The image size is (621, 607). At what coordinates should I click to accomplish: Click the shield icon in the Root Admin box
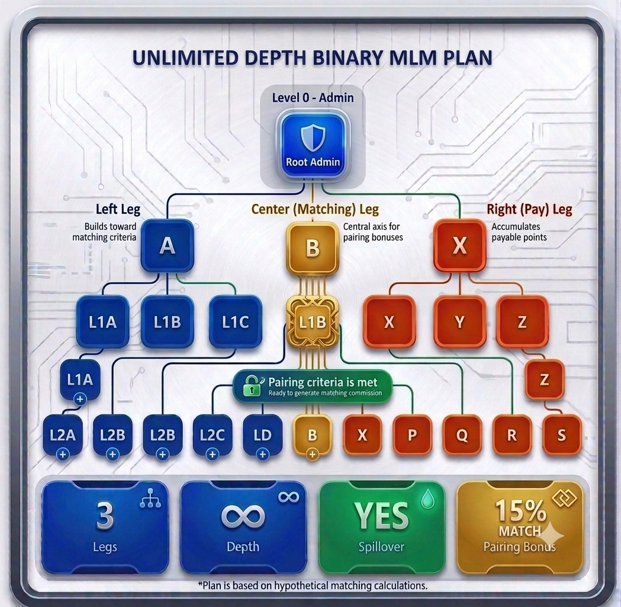click(x=313, y=138)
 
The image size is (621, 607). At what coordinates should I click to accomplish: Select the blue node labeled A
click(x=168, y=246)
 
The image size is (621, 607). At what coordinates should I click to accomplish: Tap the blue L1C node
click(x=235, y=322)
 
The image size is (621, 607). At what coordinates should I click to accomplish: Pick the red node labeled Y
click(x=459, y=322)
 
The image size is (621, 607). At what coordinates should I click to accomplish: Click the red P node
click(x=412, y=435)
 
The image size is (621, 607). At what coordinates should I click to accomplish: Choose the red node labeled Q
click(x=462, y=435)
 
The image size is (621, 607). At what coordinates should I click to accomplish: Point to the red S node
click(x=562, y=435)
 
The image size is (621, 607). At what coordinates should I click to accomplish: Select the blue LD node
click(x=262, y=435)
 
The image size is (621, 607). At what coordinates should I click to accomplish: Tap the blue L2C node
click(x=213, y=435)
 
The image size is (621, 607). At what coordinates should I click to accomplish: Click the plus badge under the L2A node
click(x=63, y=454)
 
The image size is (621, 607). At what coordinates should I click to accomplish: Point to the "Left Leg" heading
click(x=118, y=209)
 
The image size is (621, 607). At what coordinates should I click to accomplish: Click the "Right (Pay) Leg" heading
click(x=529, y=209)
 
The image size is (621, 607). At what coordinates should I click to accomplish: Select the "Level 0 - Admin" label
click(x=313, y=98)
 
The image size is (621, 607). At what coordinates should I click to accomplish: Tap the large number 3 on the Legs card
click(x=105, y=516)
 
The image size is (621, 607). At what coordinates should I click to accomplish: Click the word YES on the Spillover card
click(x=381, y=516)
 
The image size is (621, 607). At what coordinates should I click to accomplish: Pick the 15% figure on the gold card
click(x=520, y=510)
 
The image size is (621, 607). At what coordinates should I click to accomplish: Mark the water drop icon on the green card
click(x=427, y=499)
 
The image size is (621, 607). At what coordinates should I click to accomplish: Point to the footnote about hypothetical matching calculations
click(x=313, y=586)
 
